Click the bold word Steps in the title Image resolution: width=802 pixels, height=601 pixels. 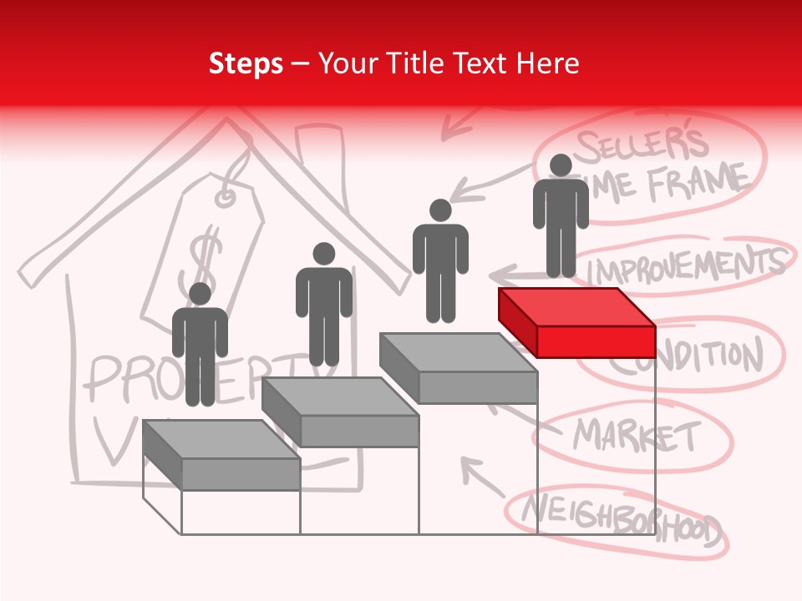coord(246,63)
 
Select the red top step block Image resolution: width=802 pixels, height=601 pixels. coord(576,321)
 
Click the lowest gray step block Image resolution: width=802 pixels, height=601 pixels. coord(221,455)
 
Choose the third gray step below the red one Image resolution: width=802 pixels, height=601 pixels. coord(458,367)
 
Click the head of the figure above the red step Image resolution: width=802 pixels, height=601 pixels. coord(561,165)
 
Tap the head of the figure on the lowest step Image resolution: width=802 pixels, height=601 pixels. coord(200,294)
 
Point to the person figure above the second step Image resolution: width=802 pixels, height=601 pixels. coord(323,305)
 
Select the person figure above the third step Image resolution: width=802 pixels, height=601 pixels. coord(440,261)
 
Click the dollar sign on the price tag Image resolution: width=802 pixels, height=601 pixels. coord(205,255)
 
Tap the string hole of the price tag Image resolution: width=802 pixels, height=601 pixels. coord(226,198)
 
